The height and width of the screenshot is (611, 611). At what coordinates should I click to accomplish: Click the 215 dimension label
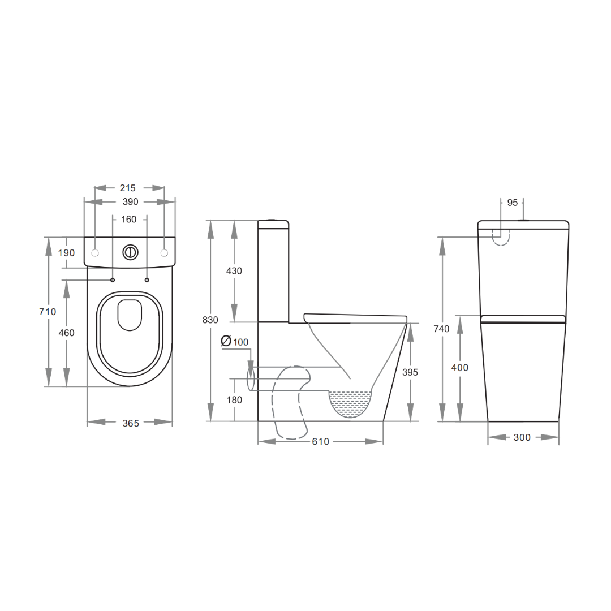[x=129, y=188]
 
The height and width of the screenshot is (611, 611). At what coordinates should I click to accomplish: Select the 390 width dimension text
[x=130, y=202]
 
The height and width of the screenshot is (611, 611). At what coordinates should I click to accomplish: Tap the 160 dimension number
[x=129, y=220]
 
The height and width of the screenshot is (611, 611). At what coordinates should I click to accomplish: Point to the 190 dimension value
[x=66, y=253]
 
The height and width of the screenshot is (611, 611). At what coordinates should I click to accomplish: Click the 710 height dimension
[x=48, y=312]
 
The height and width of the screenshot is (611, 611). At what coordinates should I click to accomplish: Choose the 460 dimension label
[x=66, y=333]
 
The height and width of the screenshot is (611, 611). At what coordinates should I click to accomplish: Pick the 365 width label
[x=130, y=423]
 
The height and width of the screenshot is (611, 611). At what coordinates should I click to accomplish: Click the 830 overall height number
[x=210, y=320]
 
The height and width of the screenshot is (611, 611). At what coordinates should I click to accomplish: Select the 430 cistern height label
[x=234, y=271]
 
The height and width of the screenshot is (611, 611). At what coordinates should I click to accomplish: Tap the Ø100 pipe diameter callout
[x=235, y=342]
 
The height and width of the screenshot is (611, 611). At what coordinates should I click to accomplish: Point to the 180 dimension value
[x=234, y=400]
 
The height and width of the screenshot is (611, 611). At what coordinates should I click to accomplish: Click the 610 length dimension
[x=320, y=441]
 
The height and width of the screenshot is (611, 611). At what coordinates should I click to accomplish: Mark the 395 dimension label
[x=409, y=372]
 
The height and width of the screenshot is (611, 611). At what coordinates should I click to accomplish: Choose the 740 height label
[x=441, y=329]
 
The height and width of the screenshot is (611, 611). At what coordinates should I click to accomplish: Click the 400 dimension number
[x=459, y=368]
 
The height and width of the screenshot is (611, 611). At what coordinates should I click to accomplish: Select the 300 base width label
[x=522, y=437]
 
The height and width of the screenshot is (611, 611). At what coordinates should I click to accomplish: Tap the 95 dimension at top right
[x=512, y=203]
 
